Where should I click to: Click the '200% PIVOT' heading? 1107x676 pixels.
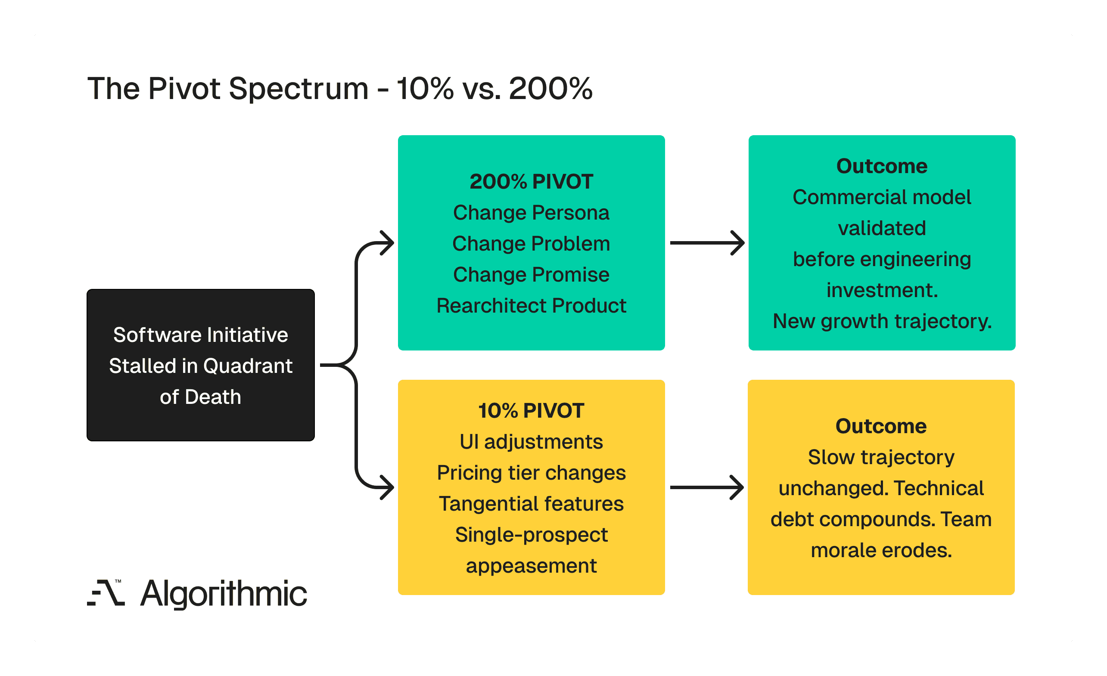(x=531, y=182)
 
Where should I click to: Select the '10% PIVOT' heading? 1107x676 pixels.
(x=531, y=410)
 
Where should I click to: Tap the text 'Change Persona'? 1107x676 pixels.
(x=531, y=213)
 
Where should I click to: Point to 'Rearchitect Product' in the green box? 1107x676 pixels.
(x=531, y=306)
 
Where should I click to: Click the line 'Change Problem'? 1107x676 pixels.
(x=531, y=244)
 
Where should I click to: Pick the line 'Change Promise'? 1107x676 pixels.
(x=531, y=275)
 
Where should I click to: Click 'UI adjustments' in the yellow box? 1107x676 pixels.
(x=531, y=442)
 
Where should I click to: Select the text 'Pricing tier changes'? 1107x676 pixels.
(x=531, y=473)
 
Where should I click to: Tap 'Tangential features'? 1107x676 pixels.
(x=531, y=504)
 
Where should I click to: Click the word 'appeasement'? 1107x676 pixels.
(x=531, y=566)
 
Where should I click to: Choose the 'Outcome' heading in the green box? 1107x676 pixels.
(x=881, y=166)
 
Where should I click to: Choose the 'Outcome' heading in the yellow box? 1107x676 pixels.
(x=880, y=426)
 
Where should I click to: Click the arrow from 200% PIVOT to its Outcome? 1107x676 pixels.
(x=706, y=243)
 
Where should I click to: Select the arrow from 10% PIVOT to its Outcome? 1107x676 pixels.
(x=706, y=487)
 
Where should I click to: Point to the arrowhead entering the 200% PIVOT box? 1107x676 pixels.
(x=387, y=243)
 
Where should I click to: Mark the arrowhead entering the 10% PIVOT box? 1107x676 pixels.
(x=387, y=487)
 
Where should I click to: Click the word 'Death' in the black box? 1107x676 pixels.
(x=213, y=397)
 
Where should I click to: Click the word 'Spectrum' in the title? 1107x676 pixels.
(x=299, y=89)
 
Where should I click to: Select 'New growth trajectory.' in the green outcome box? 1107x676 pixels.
(x=881, y=322)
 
